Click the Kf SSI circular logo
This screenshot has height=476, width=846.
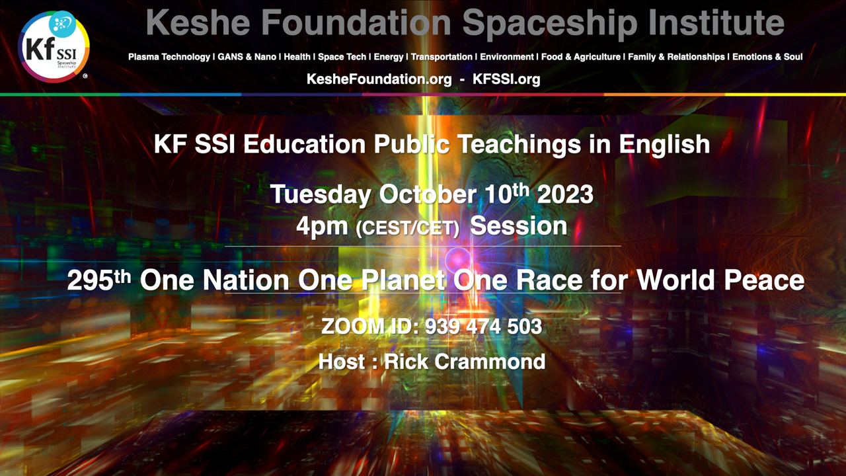pos(54,47)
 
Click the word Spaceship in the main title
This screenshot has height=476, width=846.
pos(550,23)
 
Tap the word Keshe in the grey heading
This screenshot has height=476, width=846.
pos(198,22)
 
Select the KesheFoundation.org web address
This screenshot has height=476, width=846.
pos(379,79)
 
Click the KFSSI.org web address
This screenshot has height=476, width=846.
pos(506,79)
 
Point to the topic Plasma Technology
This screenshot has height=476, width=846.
pos(169,57)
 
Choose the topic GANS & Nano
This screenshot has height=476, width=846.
pos(247,57)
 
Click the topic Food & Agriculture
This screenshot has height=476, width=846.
pos(581,57)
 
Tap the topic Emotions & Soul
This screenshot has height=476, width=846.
pos(767,57)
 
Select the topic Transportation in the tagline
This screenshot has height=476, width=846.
pos(442,57)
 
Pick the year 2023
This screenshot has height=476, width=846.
pos(565,194)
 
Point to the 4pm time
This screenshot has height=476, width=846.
pos(322,227)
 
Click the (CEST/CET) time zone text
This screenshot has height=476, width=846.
pos(408,228)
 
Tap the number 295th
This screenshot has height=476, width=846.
pos(99,280)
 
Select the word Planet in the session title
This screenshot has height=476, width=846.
pos(403,281)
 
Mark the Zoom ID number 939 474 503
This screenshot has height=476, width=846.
pos(483,327)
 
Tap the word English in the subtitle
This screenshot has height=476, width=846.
pos(664,145)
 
